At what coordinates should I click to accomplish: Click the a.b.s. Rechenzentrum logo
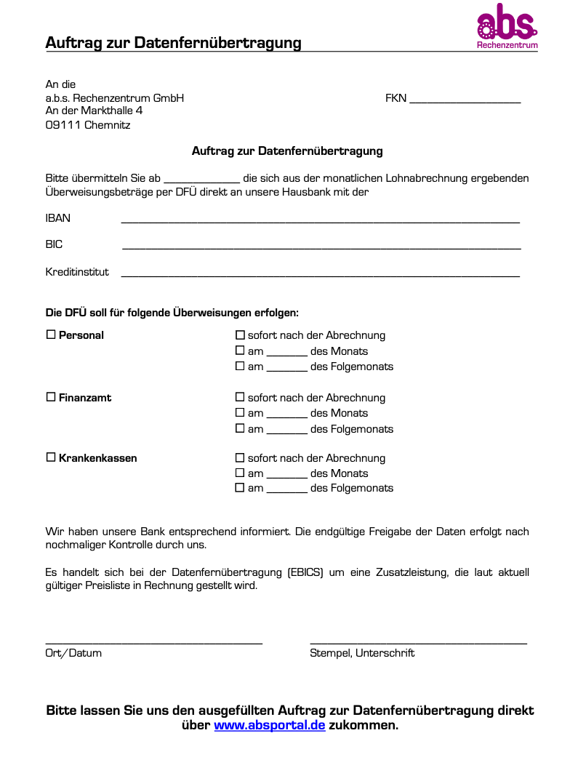click(x=507, y=27)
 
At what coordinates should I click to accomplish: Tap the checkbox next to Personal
click(x=51, y=335)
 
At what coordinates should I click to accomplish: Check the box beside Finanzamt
click(x=51, y=397)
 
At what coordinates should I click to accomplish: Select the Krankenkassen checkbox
click(x=51, y=457)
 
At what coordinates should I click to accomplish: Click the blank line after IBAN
click(x=320, y=220)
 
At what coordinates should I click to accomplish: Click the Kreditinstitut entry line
click(x=320, y=274)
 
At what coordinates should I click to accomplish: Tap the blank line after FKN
click(x=465, y=100)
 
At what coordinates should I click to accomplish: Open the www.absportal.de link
click(x=269, y=726)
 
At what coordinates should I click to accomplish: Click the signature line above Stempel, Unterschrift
click(x=418, y=642)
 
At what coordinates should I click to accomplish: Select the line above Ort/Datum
click(x=153, y=642)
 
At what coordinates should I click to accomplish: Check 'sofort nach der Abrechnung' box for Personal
click(x=240, y=335)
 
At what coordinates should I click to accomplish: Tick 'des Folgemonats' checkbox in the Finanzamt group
click(x=240, y=428)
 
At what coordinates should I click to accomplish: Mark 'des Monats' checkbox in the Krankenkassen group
click(x=240, y=473)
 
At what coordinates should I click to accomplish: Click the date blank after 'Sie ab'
click(x=201, y=180)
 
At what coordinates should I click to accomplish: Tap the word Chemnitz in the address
click(x=108, y=125)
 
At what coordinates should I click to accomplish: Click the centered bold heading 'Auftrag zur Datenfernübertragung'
click(x=287, y=151)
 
